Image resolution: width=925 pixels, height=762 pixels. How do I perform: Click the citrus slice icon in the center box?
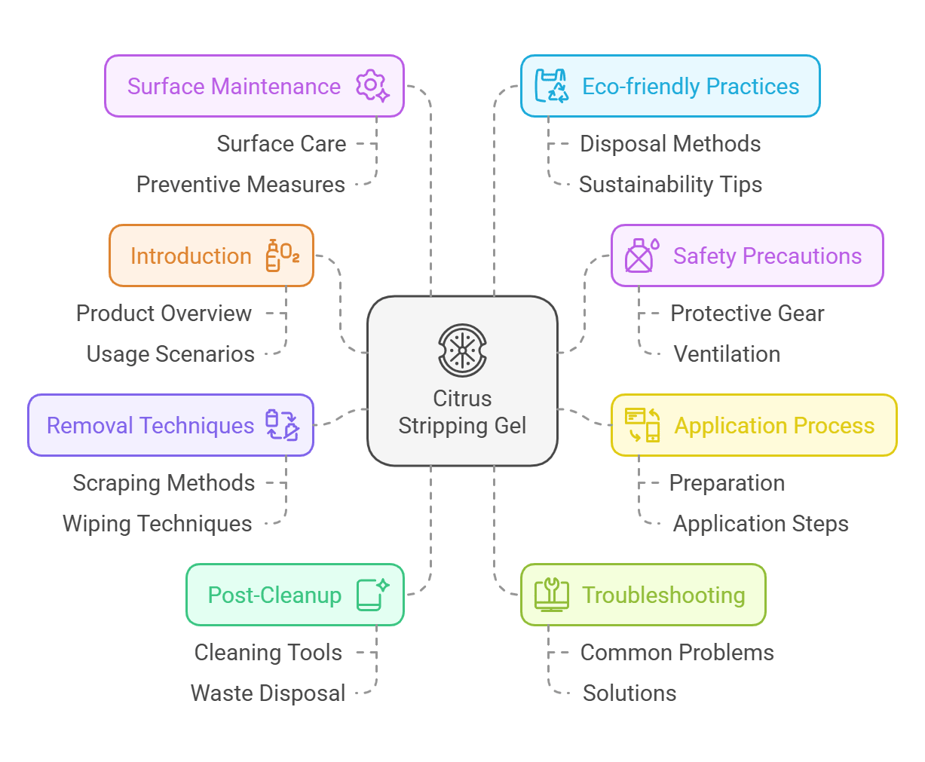pyautogui.click(x=462, y=350)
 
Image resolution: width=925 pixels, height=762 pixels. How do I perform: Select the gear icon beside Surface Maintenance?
pyautogui.click(x=372, y=86)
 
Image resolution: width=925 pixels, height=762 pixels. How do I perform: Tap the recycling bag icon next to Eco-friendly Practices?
pyautogui.click(x=552, y=86)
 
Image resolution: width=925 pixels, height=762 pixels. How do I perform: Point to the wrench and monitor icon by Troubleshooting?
pyautogui.click(x=551, y=595)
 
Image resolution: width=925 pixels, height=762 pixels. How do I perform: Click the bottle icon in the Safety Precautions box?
pyautogui.click(x=642, y=256)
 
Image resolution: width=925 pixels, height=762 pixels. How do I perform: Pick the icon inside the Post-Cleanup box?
pyautogui.click(x=372, y=595)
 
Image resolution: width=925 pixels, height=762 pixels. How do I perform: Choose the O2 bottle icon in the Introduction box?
pyautogui.click(x=283, y=256)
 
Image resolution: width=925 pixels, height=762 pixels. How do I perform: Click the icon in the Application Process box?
pyautogui.click(x=642, y=425)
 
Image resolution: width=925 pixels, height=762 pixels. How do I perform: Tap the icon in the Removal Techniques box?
pyautogui.click(x=283, y=425)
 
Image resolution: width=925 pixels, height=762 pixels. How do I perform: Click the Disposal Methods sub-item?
pyautogui.click(x=670, y=144)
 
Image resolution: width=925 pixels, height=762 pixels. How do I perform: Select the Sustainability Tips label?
pyautogui.click(x=670, y=185)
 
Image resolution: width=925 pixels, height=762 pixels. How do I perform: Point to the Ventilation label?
pyautogui.click(x=727, y=354)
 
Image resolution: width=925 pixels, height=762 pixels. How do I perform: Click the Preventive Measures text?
pyautogui.click(x=240, y=185)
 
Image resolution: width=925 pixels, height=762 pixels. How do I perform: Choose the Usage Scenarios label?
pyautogui.click(x=170, y=354)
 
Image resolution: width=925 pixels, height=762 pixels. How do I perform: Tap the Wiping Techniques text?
pyautogui.click(x=158, y=524)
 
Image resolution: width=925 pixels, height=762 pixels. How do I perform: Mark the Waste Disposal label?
pyautogui.click(x=268, y=693)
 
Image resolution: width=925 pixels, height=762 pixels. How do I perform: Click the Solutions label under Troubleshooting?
pyautogui.click(x=629, y=693)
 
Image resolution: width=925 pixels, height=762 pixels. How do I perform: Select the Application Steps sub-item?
pyautogui.click(x=761, y=524)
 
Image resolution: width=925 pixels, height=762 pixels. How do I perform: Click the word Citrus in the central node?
pyautogui.click(x=462, y=399)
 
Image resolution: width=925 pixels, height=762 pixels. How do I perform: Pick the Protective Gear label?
pyautogui.click(x=747, y=314)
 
